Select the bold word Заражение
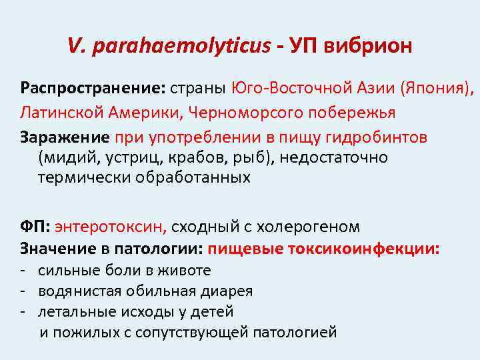(x=64, y=137)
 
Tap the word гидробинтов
(x=376, y=137)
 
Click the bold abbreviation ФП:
(x=34, y=227)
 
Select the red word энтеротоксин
(x=111, y=227)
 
